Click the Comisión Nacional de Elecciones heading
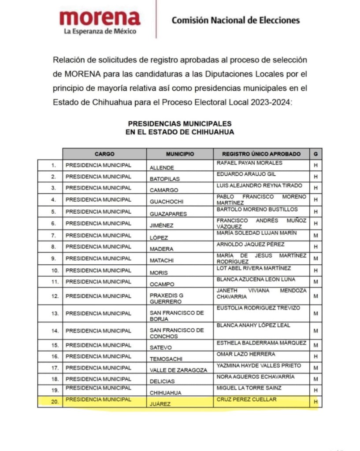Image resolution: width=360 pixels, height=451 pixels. point(235,20)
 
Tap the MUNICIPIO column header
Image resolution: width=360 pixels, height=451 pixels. point(180,154)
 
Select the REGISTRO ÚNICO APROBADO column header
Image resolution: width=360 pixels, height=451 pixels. point(261,154)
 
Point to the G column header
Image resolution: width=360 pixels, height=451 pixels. point(315,154)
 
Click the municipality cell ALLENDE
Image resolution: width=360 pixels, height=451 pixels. point(162,168)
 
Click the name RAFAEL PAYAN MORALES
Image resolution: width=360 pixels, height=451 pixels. point(249,163)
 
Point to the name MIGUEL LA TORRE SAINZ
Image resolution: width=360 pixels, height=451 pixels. point(249,388)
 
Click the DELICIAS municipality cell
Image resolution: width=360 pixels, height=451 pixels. point(162,381)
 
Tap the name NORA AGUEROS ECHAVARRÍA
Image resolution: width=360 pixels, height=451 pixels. point(255,377)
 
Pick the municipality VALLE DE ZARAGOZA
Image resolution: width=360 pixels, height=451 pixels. point(178,370)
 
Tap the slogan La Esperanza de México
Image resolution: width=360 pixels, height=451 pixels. point(100,31)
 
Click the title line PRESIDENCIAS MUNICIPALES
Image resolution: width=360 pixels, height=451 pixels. point(180,124)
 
